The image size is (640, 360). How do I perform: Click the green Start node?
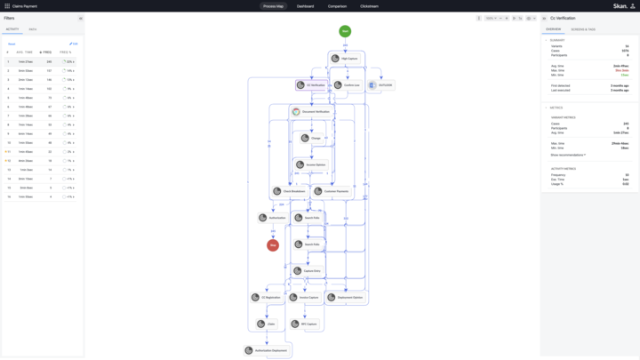point(345,31)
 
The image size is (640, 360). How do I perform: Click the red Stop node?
point(273,245)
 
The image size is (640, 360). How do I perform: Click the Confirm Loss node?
point(349,85)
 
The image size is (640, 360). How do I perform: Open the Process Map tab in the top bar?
point(273,6)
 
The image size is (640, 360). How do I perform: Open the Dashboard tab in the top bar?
point(305,6)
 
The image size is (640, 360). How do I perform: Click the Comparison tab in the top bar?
point(338,6)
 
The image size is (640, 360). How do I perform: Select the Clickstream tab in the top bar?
point(369,6)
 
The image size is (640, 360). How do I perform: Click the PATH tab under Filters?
point(33,29)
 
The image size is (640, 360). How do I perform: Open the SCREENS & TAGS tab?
point(583,29)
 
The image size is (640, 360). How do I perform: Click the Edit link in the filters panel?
point(74,44)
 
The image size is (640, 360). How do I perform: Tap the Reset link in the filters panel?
point(12,44)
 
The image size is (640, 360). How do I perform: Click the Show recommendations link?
point(568,155)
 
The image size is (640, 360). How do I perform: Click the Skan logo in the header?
point(620,6)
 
